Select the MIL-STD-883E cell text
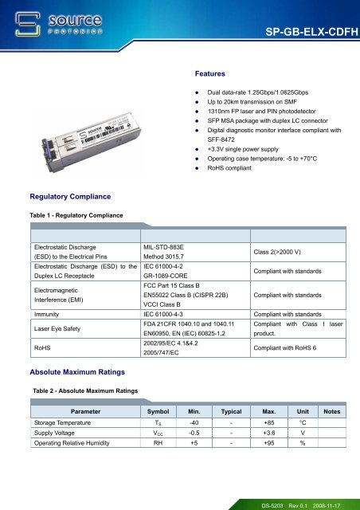169,248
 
